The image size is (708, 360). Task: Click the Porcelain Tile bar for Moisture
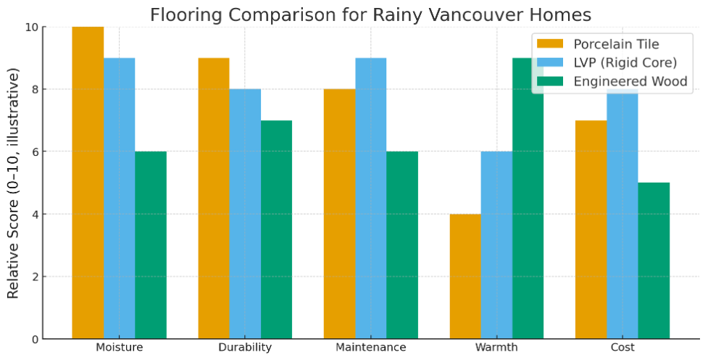pyautogui.click(x=88, y=183)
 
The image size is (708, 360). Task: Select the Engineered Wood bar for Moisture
pyautogui.click(x=151, y=245)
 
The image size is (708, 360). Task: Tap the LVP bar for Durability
pyautogui.click(x=245, y=214)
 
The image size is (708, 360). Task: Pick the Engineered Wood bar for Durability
pyautogui.click(x=276, y=230)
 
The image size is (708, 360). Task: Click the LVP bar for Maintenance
pyautogui.click(x=371, y=198)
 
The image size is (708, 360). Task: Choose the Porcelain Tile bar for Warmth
pyautogui.click(x=465, y=276)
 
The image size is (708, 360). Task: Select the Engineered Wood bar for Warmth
pyautogui.click(x=528, y=198)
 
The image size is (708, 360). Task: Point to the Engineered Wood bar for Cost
pyautogui.click(x=654, y=261)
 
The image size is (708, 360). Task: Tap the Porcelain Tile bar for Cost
pyautogui.click(x=591, y=230)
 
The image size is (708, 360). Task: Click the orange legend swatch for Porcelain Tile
pyautogui.click(x=550, y=43)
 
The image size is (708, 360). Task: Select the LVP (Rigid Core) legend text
pyautogui.click(x=625, y=63)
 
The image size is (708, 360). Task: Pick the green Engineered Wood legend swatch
pyautogui.click(x=550, y=81)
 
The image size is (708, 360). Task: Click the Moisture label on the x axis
pyautogui.click(x=119, y=348)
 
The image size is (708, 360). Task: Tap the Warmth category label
pyautogui.click(x=496, y=348)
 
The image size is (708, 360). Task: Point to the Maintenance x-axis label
pyautogui.click(x=371, y=348)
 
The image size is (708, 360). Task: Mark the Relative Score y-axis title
pyautogui.click(x=14, y=183)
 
